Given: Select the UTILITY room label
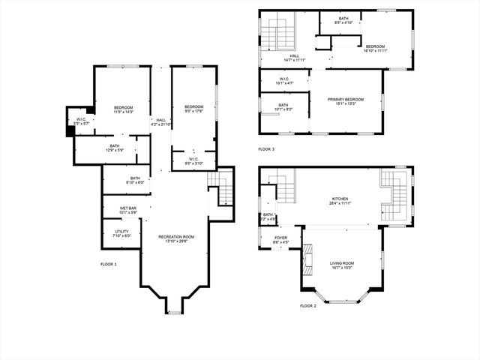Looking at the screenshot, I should click(x=121, y=233).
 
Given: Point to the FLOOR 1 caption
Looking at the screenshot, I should click(x=109, y=264).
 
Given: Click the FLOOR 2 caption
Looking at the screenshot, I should click(x=308, y=306).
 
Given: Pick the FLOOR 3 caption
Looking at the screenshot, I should click(x=266, y=149).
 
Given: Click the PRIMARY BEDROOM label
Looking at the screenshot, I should click(x=346, y=101).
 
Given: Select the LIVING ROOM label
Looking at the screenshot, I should click(x=342, y=265).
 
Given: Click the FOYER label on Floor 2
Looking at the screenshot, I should click(x=279, y=240).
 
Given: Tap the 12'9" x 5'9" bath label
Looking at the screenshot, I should click(x=114, y=148).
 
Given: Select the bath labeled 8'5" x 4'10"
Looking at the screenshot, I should click(x=343, y=20).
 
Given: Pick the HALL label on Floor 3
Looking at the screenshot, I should click(x=295, y=58).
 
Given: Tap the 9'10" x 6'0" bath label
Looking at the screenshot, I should click(x=124, y=180).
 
